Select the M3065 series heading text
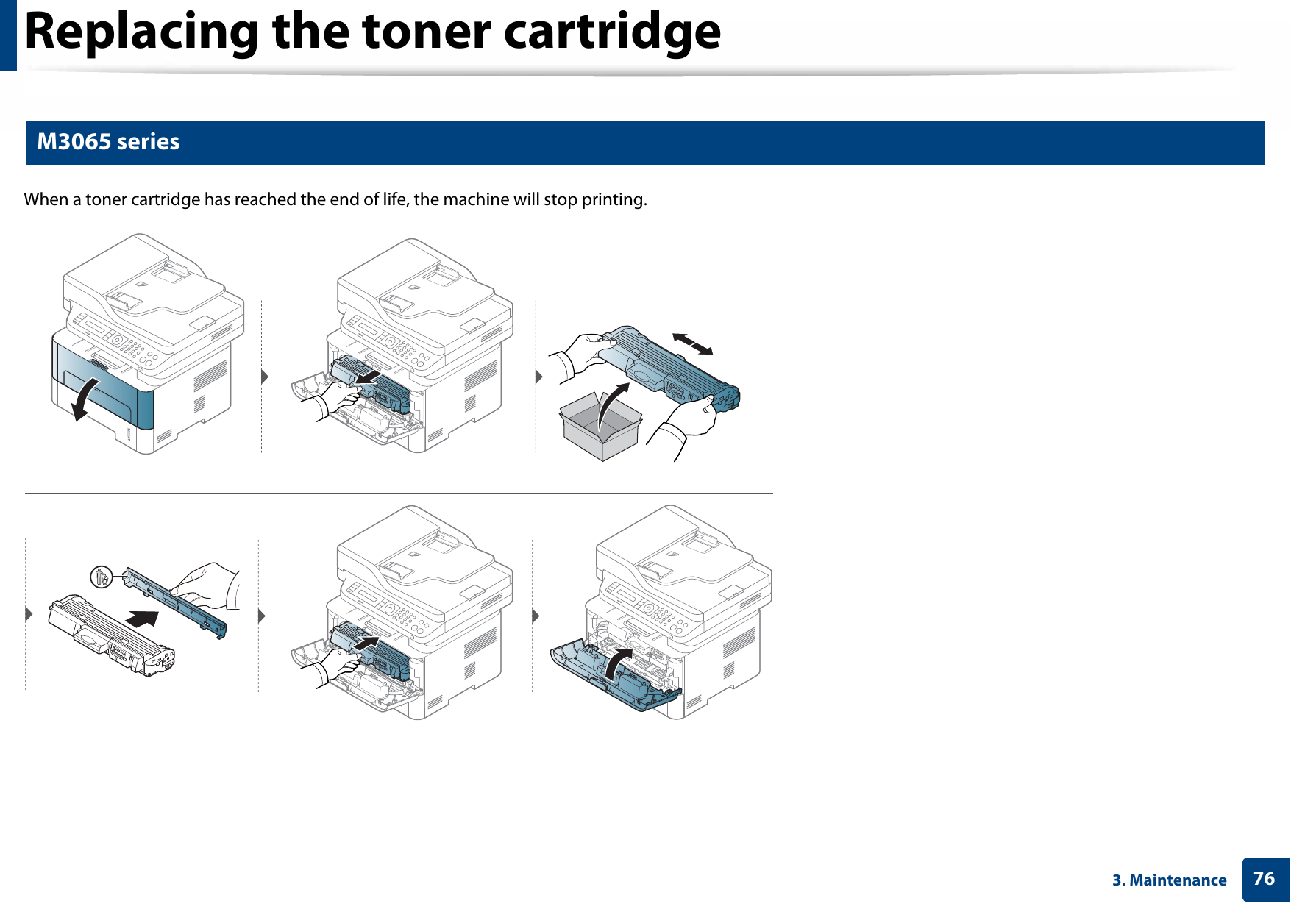point(108,141)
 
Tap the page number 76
point(1264,878)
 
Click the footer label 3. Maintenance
point(1169,880)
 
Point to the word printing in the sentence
point(614,199)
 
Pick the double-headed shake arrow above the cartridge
point(692,343)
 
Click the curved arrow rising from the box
point(611,405)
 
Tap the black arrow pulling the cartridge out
point(368,378)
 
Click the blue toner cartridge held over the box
point(669,368)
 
